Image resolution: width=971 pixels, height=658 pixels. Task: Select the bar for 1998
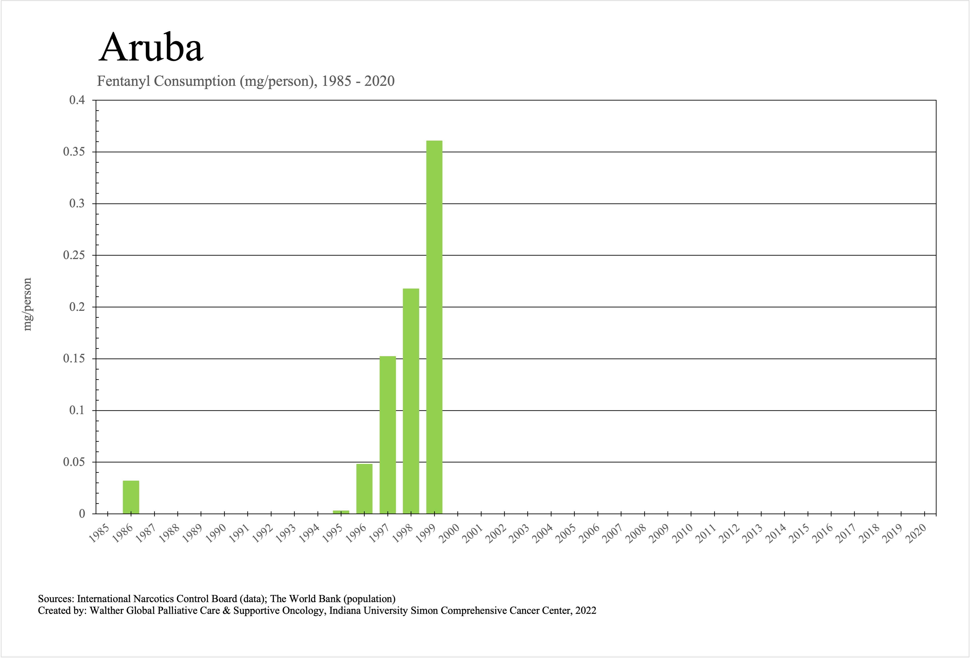[411, 401]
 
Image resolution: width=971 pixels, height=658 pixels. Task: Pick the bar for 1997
[388, 435]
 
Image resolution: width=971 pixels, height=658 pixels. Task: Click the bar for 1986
[131, 497]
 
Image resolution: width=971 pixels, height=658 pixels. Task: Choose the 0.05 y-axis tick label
[74, 462]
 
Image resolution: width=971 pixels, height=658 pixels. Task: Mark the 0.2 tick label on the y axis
[77, 307]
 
